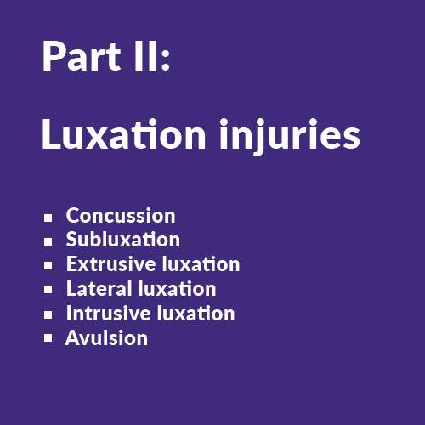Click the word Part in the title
click(x=82, y=56)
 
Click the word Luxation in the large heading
click(x=124, y=133)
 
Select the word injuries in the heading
click(x=289, y=137)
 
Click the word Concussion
click(x=121, y=216)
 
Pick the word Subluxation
click(x=123, y=240)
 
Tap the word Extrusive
click(x=111, y=264)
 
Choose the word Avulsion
click(x=106, y=337)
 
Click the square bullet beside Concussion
click(x=48, y=218)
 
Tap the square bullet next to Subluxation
click(x=48, y=241)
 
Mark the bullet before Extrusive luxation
click(x=48, y=265)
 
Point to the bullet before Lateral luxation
click(x=48, y=290)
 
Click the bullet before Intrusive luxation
click(x=48, y=314)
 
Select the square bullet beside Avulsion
click(x=48, y=338)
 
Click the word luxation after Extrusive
click(x=201, y=264)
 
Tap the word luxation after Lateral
click(x=178, y=288)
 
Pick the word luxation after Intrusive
click(x=196, y=313)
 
